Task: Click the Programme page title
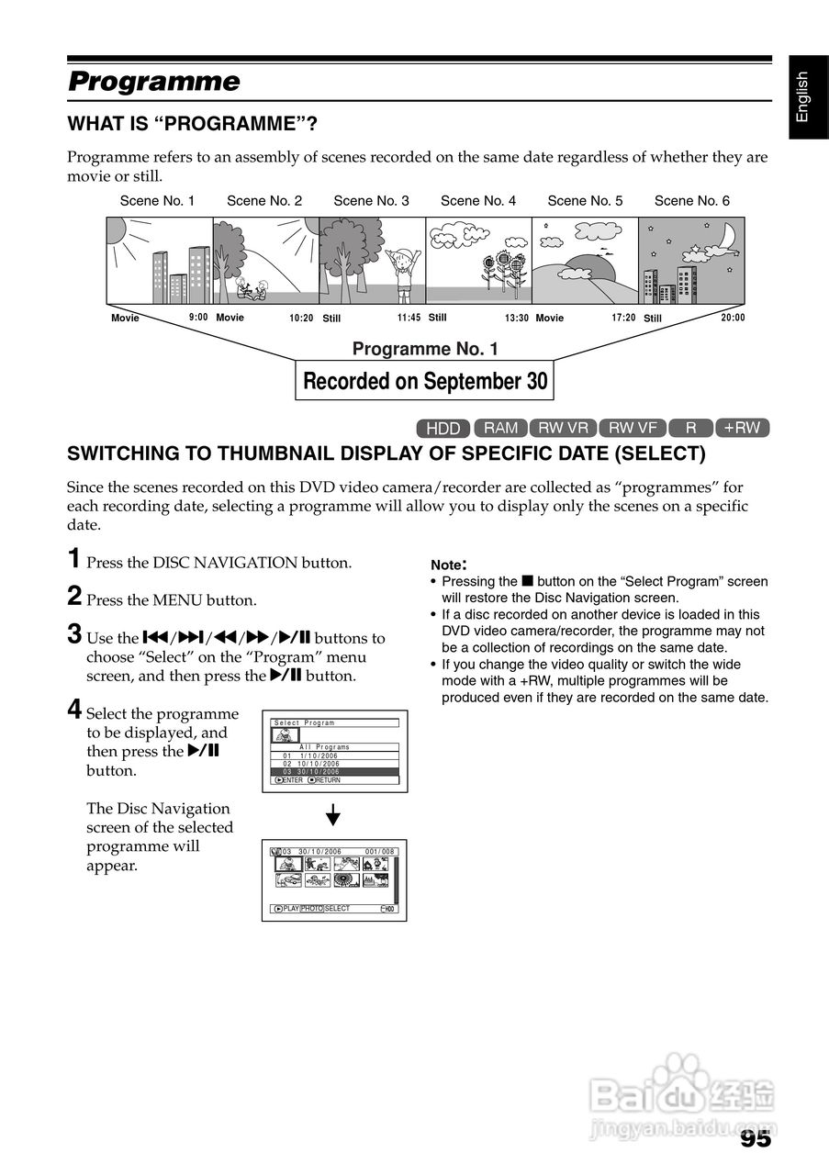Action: tap(154, 82)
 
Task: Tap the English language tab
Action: tap(803, 96)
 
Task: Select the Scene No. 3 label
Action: tap(371, 200)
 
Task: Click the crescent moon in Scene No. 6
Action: tap(726, 238)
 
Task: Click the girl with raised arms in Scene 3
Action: tap(402, 270)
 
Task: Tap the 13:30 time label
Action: tap(517, 319)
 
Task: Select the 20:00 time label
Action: tap(733, 318)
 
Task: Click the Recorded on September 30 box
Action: tap(425, 381)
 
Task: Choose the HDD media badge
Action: tap(443, 428)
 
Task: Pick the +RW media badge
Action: tap(742, 428)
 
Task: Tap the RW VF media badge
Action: tap(633, 428)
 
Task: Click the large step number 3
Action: tap(74, 634)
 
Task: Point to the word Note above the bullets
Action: tap(448, 566)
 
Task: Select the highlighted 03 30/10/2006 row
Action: tap(335, 772)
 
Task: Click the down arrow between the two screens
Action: tap(334, 815)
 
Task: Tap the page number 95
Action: tap(755, 1139)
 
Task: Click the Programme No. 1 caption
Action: tap(425, 349)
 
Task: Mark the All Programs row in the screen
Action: tap(335, 747)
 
